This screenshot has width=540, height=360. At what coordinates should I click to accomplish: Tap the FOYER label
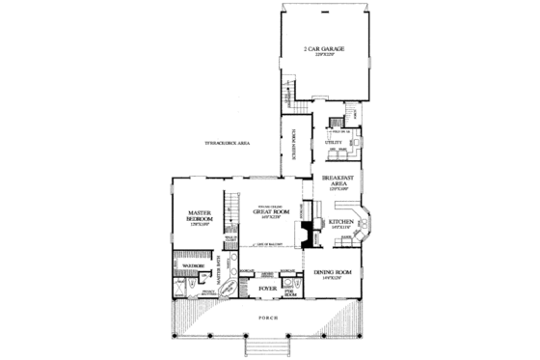pyautogui.click(x=269, y=288)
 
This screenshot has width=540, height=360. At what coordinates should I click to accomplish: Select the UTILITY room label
pyautogui.click(x=334, y=141)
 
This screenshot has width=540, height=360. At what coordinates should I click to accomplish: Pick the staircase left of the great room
pyautogui.click(x=231, y=207)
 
